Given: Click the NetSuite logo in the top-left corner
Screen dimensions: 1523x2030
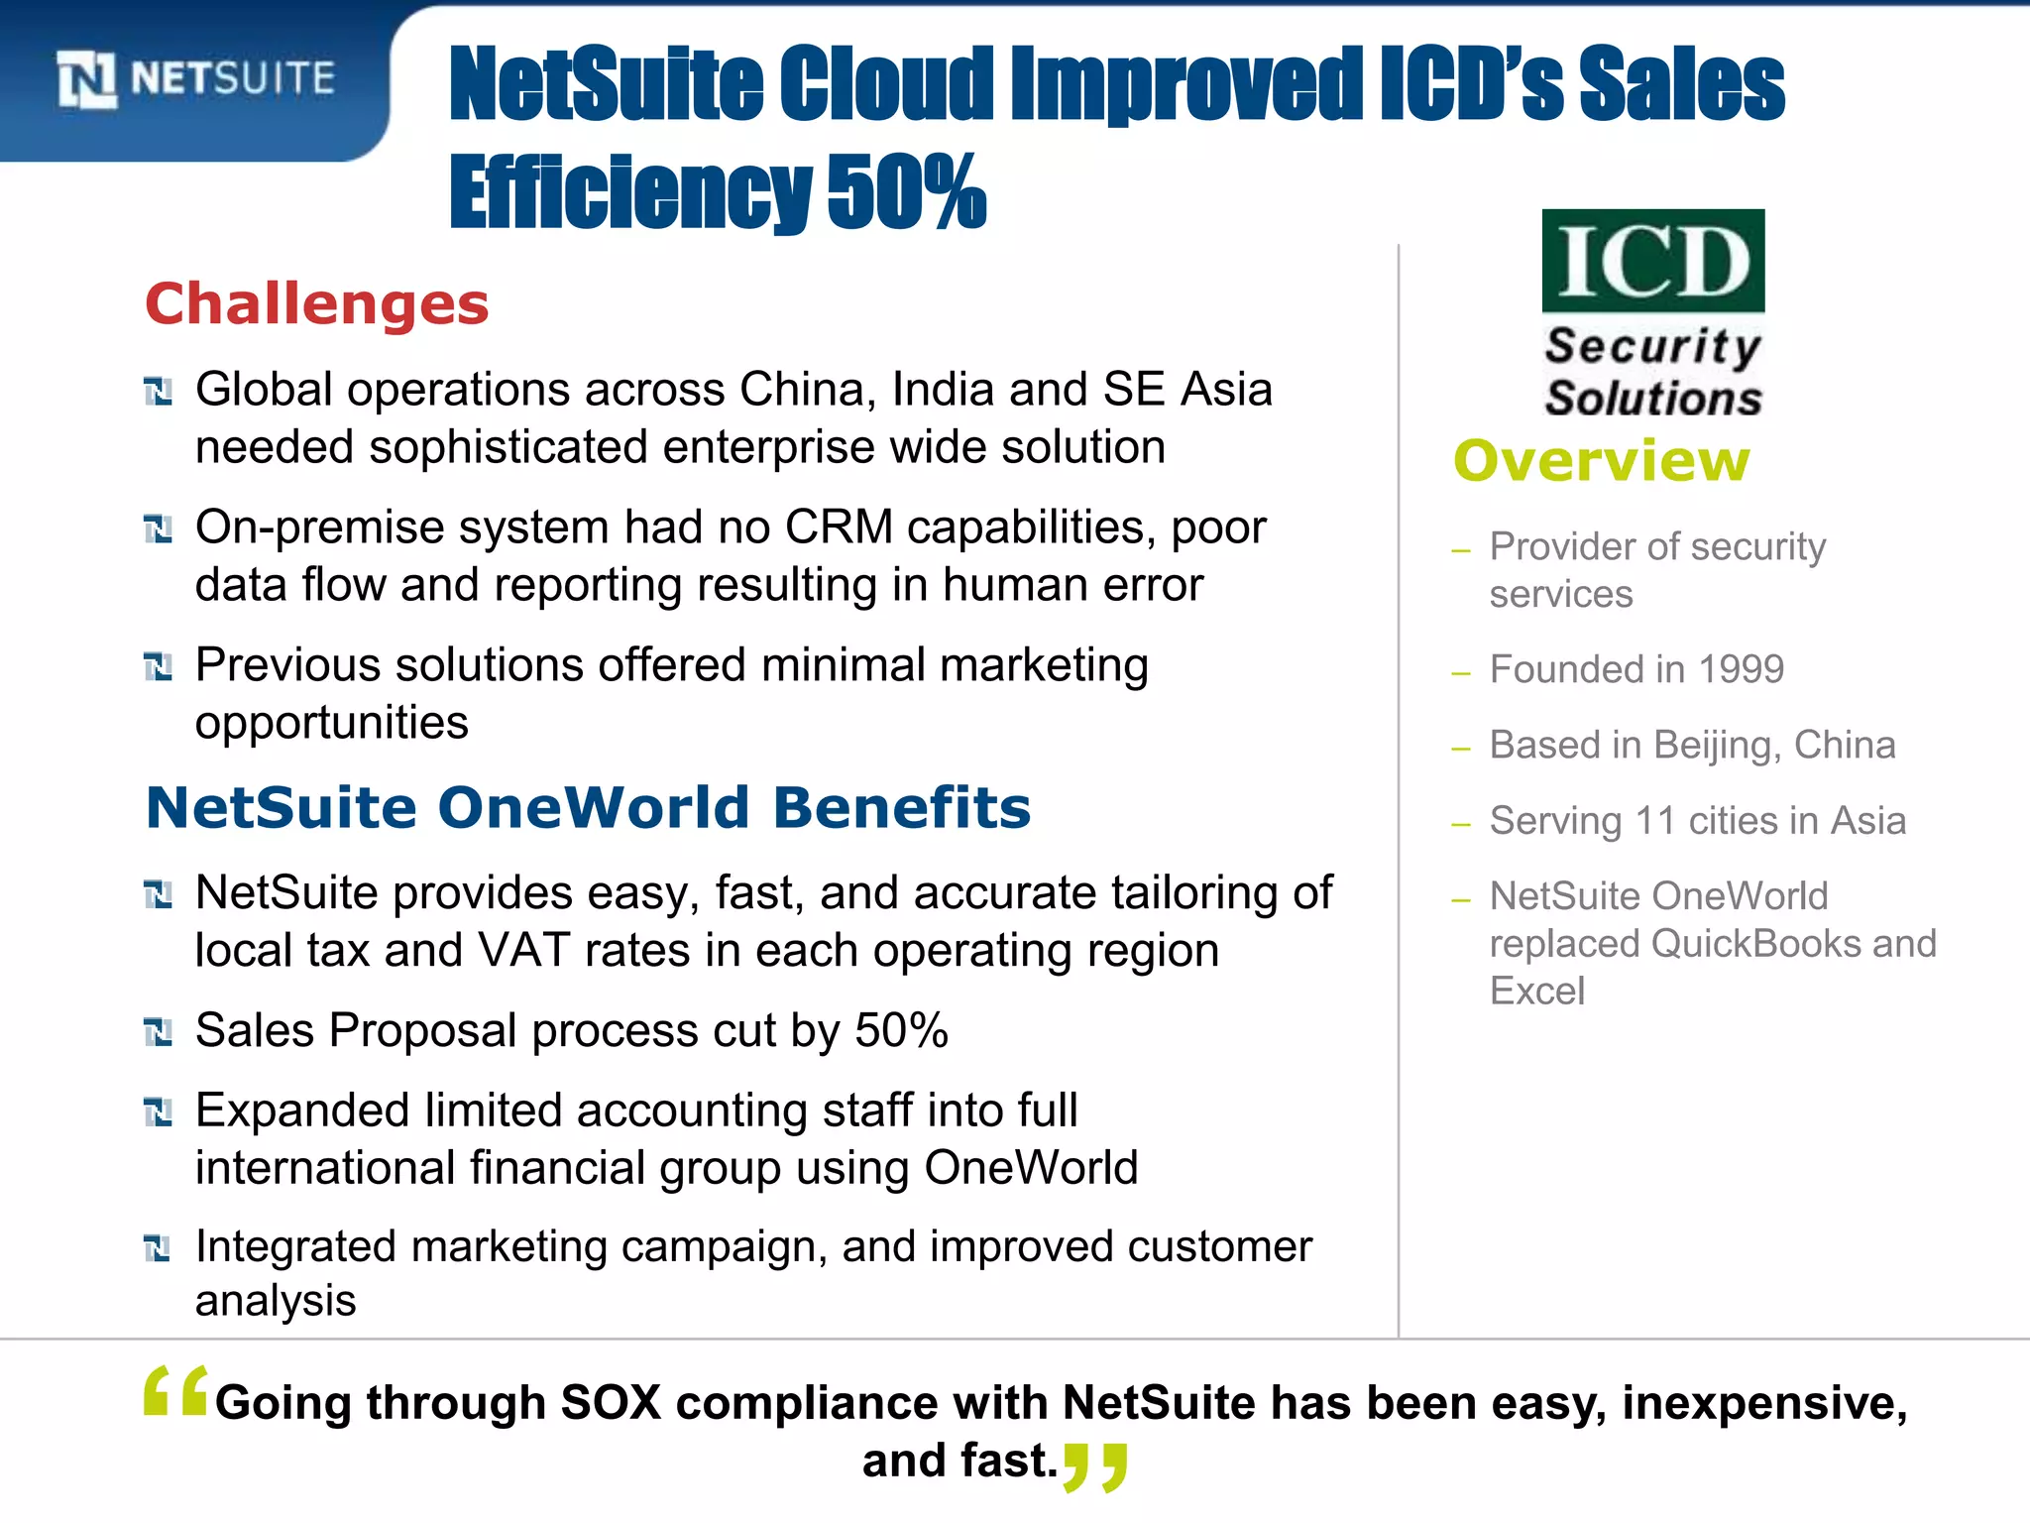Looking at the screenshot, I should coord(196,79).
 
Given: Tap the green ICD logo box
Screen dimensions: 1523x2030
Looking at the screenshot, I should coord(1653,261).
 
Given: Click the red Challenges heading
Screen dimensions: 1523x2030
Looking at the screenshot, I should coord(317,303).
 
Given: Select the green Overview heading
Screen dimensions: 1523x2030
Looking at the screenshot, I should coord(1602,461).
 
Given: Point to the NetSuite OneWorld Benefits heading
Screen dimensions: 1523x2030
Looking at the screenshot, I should coord(588,807).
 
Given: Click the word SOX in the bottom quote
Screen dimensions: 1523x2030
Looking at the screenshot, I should coord(611,1402).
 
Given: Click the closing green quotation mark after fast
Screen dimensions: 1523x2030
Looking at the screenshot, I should coord(1094,1466).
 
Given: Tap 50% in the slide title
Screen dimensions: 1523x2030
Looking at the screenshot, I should coord(906,191).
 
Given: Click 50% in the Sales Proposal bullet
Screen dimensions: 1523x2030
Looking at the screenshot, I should coord(901,1030).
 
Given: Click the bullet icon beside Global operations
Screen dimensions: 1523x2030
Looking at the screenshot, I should coord(159,392).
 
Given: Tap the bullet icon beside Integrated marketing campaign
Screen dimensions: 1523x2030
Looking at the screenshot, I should coord(159,1248).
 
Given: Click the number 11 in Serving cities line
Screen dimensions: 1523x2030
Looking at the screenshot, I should coord(1654,821).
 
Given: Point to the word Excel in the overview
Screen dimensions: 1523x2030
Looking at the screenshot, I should coord(1536,991).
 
